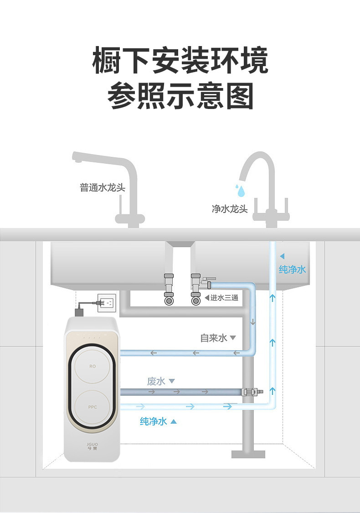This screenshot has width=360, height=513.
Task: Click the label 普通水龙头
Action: coord(102,188)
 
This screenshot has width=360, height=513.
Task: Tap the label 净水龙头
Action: coord(230,209)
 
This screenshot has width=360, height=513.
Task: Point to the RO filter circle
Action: coord(92,366)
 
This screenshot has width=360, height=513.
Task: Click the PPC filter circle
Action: coord(92,406)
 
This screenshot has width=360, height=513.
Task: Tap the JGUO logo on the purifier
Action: coord(93,445)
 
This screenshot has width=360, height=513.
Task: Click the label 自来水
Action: coord(213,338)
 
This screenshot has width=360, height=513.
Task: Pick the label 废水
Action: coord(156,381)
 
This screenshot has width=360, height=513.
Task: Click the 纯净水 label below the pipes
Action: coord(153,421)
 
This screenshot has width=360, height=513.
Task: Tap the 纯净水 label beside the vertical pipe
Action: coord(292,269)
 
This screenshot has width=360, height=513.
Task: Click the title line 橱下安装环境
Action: coord(180,60)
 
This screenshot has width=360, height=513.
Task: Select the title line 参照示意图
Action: coord(180,95)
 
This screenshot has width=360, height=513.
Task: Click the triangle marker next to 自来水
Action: coord(233,338)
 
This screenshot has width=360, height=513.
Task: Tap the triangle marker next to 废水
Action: coord(172,381)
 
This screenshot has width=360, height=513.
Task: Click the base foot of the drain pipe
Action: coord(248,454)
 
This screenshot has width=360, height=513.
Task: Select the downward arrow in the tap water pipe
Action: coord(253,322)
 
